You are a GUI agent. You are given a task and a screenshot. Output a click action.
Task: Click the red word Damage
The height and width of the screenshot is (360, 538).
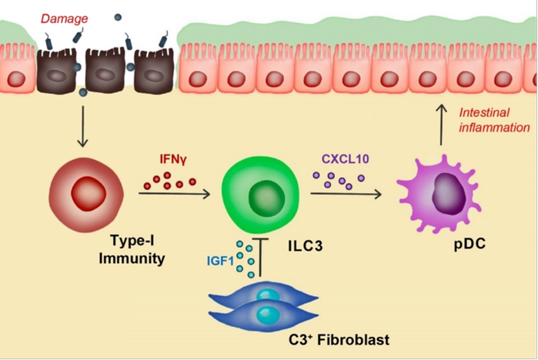[64, 18]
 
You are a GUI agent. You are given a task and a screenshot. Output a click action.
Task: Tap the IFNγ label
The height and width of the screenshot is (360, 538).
[173, 159]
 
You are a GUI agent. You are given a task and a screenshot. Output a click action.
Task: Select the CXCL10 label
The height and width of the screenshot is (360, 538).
[345, 158]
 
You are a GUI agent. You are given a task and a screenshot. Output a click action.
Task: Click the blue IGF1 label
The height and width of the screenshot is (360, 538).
[220, 262]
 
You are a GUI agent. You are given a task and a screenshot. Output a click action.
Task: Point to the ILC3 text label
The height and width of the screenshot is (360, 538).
[306, 246]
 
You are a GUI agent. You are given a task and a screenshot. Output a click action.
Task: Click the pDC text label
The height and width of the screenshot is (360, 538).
[469, 244]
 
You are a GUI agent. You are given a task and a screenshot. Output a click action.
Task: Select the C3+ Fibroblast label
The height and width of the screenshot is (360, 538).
[339, 340]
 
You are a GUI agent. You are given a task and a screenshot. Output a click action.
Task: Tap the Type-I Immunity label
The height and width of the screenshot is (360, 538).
[132, 249]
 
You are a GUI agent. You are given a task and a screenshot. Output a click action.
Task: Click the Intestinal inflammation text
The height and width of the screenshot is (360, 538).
[494, 120]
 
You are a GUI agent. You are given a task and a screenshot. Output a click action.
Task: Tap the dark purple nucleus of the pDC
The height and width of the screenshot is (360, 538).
[449, 193]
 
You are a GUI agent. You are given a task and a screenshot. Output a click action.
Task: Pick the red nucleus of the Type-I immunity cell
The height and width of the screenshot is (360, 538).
[89, 194]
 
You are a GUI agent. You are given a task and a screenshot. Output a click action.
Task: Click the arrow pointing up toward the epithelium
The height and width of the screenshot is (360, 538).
[441, 125]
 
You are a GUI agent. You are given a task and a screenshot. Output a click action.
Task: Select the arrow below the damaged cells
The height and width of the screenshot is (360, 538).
[82, 126]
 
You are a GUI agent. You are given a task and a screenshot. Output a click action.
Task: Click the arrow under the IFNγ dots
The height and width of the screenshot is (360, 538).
[174, 194]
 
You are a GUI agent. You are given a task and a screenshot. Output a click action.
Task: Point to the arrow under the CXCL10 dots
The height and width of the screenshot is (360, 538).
[346, 194]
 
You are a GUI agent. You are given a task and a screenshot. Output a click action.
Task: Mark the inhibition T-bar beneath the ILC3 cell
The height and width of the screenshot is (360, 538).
[260, 257]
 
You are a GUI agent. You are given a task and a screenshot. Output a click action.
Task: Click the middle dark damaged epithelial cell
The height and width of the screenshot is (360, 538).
[105, 71]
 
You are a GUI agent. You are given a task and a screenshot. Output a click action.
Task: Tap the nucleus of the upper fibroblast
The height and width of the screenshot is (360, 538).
[269, 295]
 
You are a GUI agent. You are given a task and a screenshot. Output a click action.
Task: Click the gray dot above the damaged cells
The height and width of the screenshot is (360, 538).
[118, 17]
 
